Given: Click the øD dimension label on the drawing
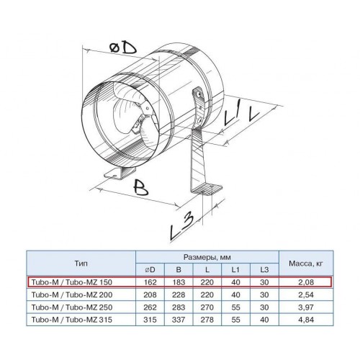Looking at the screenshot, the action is click(x=122, y=49).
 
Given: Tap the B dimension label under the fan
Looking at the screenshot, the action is click(x=140, y=188).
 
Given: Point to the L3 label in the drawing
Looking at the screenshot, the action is click(x=181, y=227).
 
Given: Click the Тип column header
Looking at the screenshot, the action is click(x=81, y=264).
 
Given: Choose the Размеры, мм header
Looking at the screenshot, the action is click(x=207, y=257).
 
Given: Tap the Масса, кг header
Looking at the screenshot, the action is click(x=306, y=264).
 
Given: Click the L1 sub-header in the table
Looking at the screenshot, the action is click(x=235, y=270).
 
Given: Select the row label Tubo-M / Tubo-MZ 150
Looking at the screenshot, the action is click(x=72, y=282).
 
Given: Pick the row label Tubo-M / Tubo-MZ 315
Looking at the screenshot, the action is click(x=72, y=320).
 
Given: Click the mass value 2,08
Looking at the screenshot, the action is click(x=306, y=282).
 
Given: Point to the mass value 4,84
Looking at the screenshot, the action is click(x=306, y=320).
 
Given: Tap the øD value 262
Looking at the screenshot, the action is click(x=150, y=307).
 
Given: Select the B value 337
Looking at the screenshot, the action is click(x=179, y=320).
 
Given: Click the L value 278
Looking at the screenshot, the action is click(x=207, y=320).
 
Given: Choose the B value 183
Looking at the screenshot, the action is click(x=179, y=282).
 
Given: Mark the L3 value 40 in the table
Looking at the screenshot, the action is click(x=264, y=320).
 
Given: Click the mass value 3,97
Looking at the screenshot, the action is click(x=306, y=307).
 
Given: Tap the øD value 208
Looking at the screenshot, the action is click(x=150, y=294).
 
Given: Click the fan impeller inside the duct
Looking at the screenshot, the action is click(x=135, y=115).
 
